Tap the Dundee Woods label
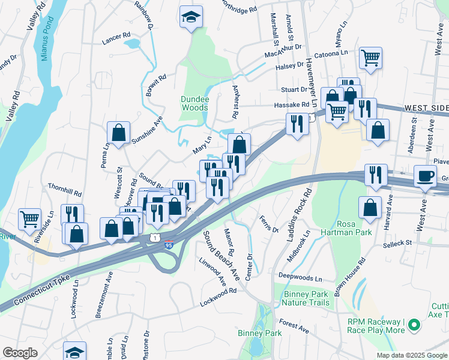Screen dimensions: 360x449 coord(194,104)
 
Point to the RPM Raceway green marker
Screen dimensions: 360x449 coord(413,325)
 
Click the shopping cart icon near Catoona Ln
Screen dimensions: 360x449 coord(371,58)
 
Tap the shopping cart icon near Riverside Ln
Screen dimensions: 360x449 coord(29,219)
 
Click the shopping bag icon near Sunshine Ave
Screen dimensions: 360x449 coord(119,133)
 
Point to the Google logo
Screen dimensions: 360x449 coord(20,353)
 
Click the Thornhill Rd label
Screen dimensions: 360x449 coord(65,193)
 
